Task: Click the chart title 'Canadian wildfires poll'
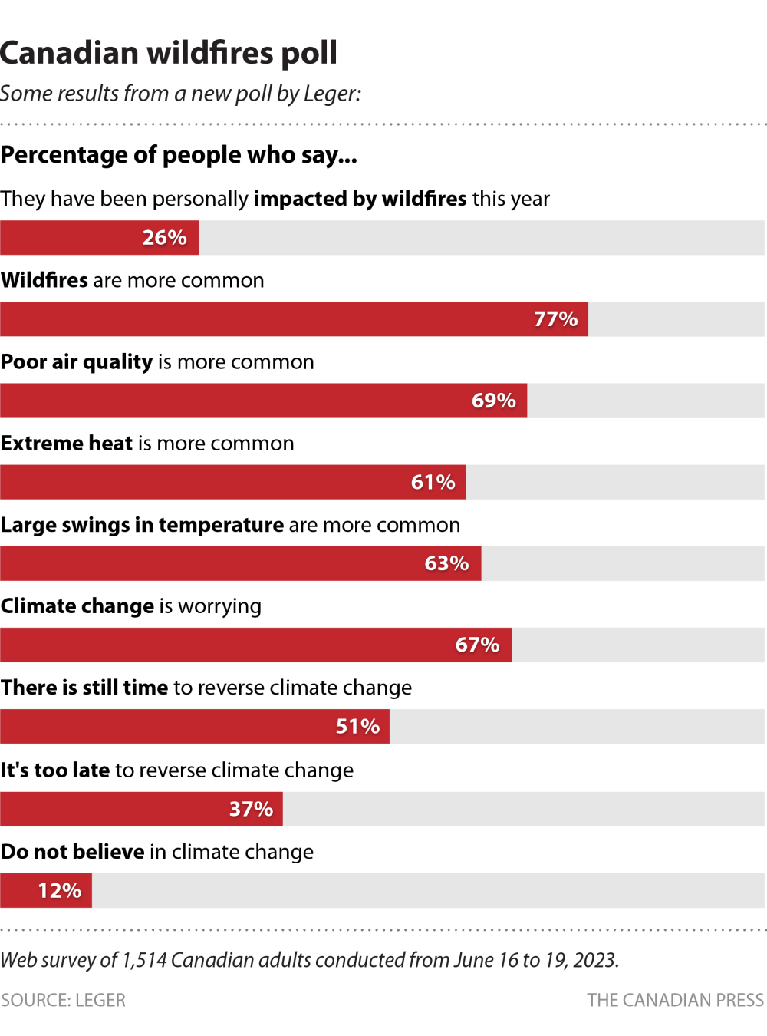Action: click(x=169, y=53)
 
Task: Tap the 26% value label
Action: click(x=164, y=238)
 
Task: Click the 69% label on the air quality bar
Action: click(x=493, y=401)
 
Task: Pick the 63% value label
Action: click(x=446, y=563)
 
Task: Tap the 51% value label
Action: click(x=357, y=726)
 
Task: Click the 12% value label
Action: click(x=59, y=890)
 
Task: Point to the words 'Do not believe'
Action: click(x=73, y=852)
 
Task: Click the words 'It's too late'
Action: click(x=55, y=770)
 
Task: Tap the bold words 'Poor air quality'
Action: click(x=77, y=361)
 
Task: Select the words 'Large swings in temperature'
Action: click(x=143, y=525)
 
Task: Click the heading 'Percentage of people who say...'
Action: click(x=179, y=155)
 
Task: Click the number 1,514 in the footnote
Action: click(x=144, y=960)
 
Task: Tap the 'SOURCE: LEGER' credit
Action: click(x=63, y=1000)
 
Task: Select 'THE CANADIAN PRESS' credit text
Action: click(x=675, y=1000)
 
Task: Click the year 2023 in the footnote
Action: click(x=594, y=960)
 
